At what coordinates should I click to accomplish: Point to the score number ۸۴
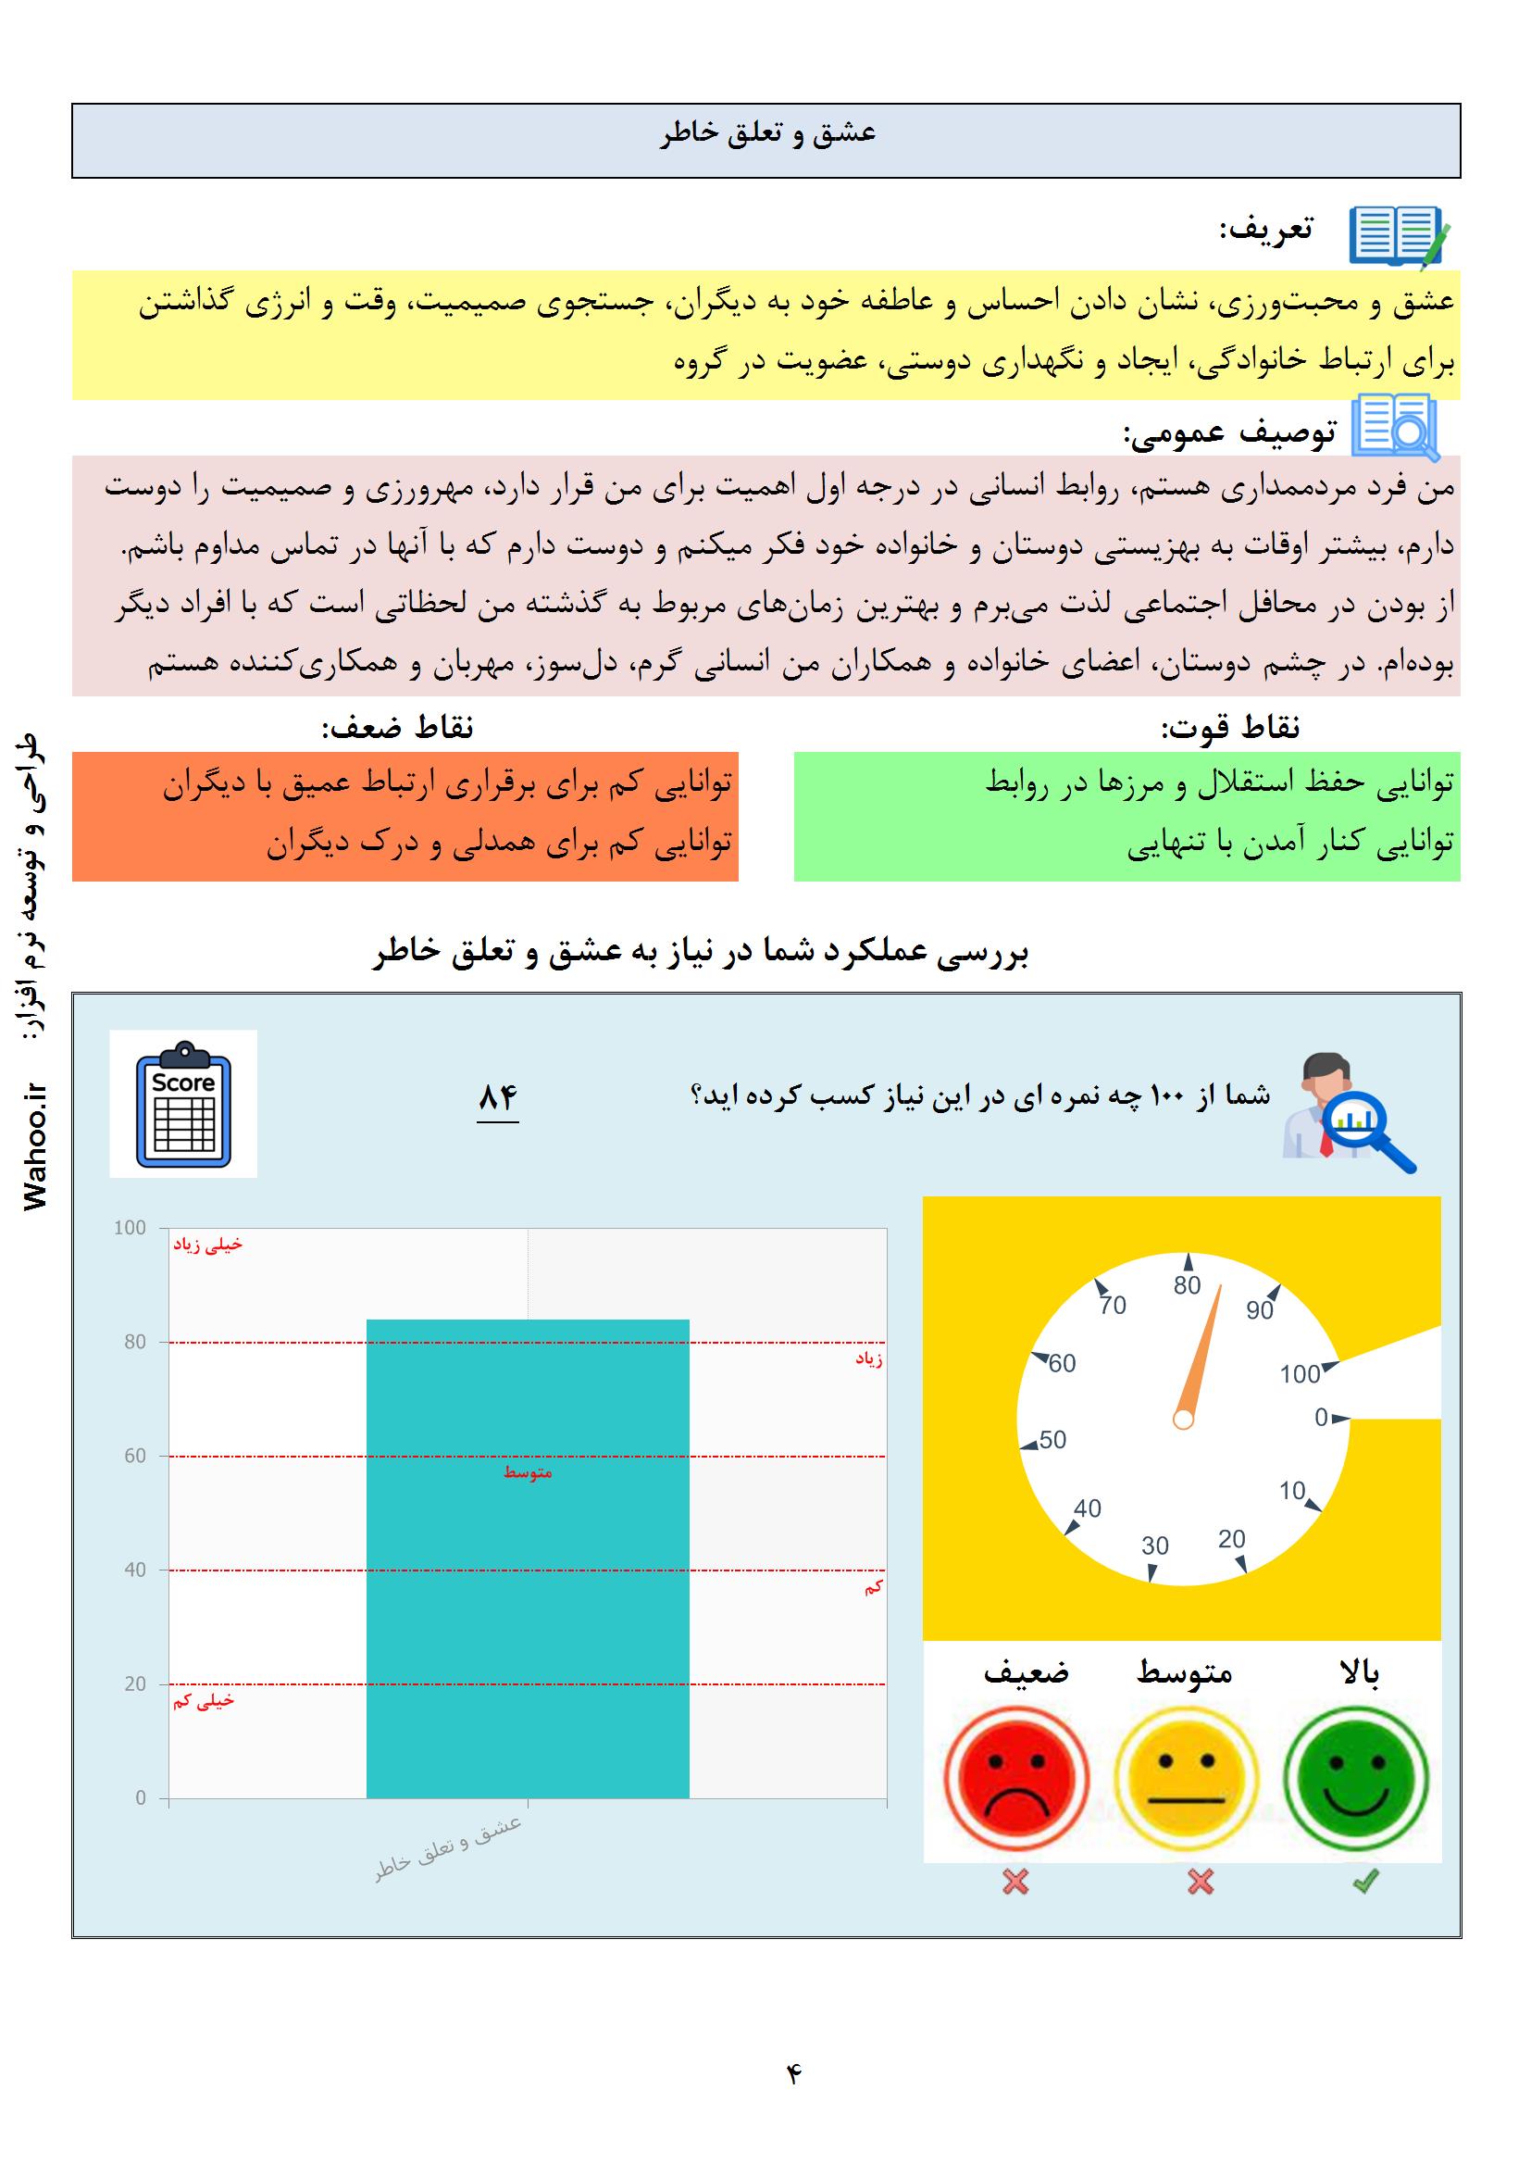tap(498, 1097)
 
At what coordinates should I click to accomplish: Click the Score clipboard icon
tap(183, 1103)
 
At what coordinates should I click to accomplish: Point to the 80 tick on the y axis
tap(135, 1342)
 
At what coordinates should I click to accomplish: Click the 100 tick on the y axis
tap(131, 1228)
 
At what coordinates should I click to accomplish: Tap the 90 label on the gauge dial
tap(1260, 1310)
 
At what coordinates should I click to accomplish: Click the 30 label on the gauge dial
tap(1155, 1546)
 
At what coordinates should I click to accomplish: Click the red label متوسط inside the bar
tap(527, 1473)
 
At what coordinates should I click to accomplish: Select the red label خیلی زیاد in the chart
tap(206, 1245)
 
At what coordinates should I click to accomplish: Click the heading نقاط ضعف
tap(397, 727)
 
